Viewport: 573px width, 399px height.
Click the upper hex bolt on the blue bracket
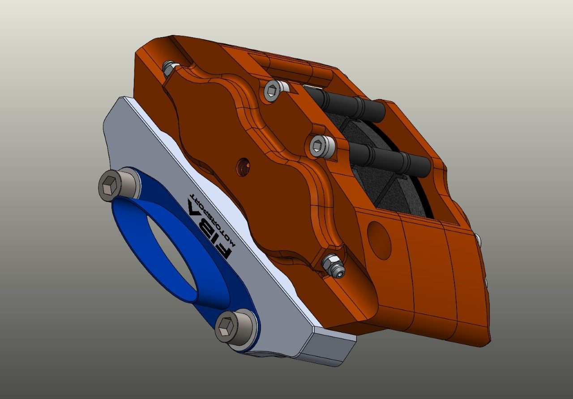[116, 185]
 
